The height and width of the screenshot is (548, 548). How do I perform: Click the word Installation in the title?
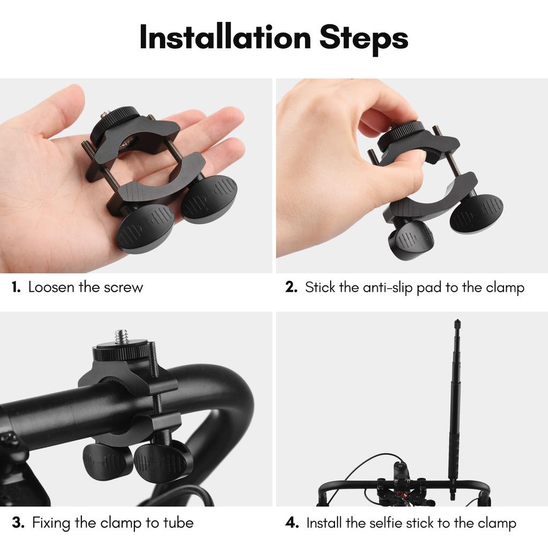[225, 37]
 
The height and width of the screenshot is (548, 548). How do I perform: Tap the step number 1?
[16, 287]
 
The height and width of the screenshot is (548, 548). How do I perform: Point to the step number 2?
[291, 287]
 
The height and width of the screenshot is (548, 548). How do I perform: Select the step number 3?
[18, 523]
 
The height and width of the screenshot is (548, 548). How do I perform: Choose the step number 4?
[292, 523]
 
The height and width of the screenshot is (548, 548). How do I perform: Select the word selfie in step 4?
[387, 523]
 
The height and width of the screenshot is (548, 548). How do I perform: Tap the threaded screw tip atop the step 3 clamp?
[121, 336]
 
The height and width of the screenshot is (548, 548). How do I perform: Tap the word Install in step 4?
[326, 523]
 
